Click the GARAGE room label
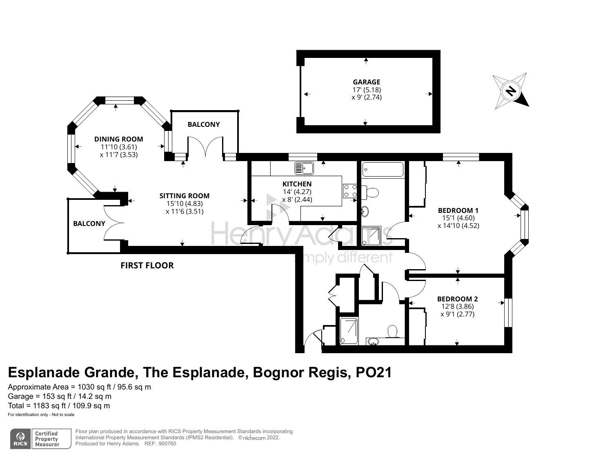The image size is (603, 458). [366, 82]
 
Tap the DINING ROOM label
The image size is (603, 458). [118, 139]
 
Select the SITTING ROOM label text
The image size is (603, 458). [184, 196]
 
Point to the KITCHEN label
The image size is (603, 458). [297, 184]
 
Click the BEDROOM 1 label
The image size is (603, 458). [458, 210]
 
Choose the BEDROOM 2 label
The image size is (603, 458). [457, 299]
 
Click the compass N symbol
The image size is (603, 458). [510, 91]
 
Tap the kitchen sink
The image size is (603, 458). [303, 168]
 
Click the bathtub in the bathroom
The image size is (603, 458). [383, 169]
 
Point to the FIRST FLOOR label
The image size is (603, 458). [147, 266]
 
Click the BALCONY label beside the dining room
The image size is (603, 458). [203, 124]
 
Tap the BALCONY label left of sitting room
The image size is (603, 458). [89, 223]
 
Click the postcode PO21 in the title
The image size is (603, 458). [374, 372]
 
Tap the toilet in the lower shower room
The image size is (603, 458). [393, 331]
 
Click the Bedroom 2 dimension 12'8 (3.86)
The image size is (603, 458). [457, 307]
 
